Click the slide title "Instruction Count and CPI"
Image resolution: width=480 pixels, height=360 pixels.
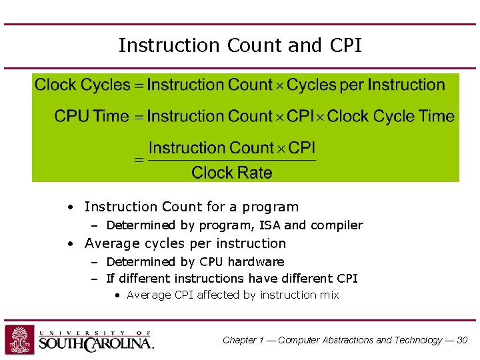pyautogui.click(x=240, y=45)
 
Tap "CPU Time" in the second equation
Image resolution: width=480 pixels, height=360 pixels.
pyautogui.click(x=91, y=116)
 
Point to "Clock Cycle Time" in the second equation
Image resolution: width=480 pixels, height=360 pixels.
pyautogui.click(x=391, y=116)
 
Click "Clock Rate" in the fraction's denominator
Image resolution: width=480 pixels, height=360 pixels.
pyautogui.click(x=231, y=173)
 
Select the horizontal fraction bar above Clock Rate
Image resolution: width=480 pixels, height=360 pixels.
pyautogui.click(x=231, y=160)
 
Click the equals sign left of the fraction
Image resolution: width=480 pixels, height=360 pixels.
pyautogui.click(x=139, y=161)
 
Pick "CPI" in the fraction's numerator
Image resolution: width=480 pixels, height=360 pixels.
pyautogui.click(x=302, y=147)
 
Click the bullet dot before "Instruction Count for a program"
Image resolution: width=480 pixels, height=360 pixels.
pyautogui.click(x=70, y=207)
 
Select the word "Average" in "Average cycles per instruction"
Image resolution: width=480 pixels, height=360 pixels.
pyautogui.click(x=109, y=243)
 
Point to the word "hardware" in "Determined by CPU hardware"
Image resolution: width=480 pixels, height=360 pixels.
pyautogui.click(x=257, y=262)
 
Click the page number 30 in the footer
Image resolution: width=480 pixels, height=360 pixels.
pyautogui.click(x=462, y=340)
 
